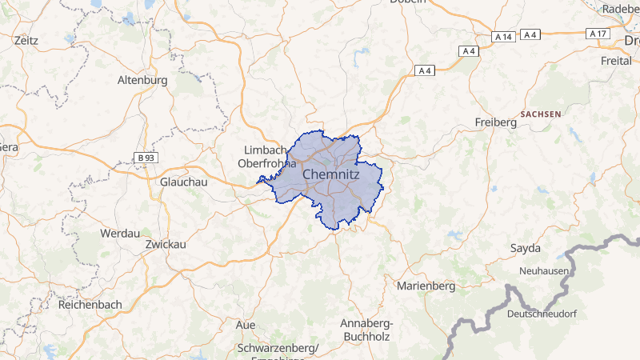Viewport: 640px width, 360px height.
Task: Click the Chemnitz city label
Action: (x=331, y=174)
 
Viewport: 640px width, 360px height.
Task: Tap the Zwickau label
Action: (x=166, y=244)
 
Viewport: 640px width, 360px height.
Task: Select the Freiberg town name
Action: (x=496, y=122)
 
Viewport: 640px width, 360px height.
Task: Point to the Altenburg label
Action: (x=142, y=80)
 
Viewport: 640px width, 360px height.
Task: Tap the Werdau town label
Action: (x=119, y=233)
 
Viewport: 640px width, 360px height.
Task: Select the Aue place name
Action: (x=246, y=325)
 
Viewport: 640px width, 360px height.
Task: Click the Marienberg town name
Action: (x=426, y=286)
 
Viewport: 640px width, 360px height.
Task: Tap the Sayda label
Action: (x=526, y=248)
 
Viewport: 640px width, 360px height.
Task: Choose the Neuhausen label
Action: (x=543, y=271)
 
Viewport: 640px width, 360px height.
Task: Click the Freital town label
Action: (x=616, y=61)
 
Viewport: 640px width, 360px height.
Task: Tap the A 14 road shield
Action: (x=503, y=37)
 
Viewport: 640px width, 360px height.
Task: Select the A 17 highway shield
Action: (x=598, y=34)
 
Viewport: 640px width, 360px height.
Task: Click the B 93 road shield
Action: (x=146, y=158)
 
